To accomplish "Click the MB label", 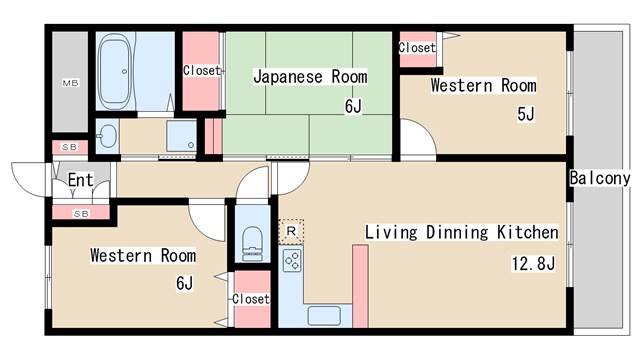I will pos(70,82).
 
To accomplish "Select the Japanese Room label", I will pos(309,76).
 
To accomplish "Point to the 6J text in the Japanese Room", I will pos(352,105).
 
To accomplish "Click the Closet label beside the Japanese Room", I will pos(201,70).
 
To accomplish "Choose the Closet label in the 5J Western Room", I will pos(416,47).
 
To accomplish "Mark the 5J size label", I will pos(525,114).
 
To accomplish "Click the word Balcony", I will pos(600,178).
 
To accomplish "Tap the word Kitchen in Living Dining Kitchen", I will pos(528,233).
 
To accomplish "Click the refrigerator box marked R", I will pos(289,230).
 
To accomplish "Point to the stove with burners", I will pos(292,261).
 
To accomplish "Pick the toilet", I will pos(251,240).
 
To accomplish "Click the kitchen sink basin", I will pos(324,317).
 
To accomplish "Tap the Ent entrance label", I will pos(80,181).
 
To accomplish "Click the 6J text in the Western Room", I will pos(184,283).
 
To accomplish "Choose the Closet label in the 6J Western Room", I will pos(250,299).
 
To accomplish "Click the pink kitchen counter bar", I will pos(359,285).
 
